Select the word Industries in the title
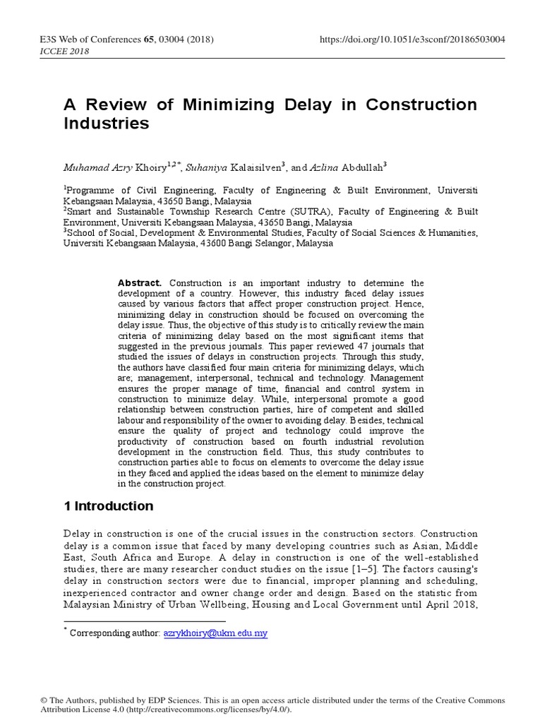click(107, 124)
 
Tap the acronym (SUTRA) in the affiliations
click(311, 211)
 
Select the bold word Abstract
click(140, 282)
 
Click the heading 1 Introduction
click(109, 506)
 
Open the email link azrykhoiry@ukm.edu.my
click(215, 634)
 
